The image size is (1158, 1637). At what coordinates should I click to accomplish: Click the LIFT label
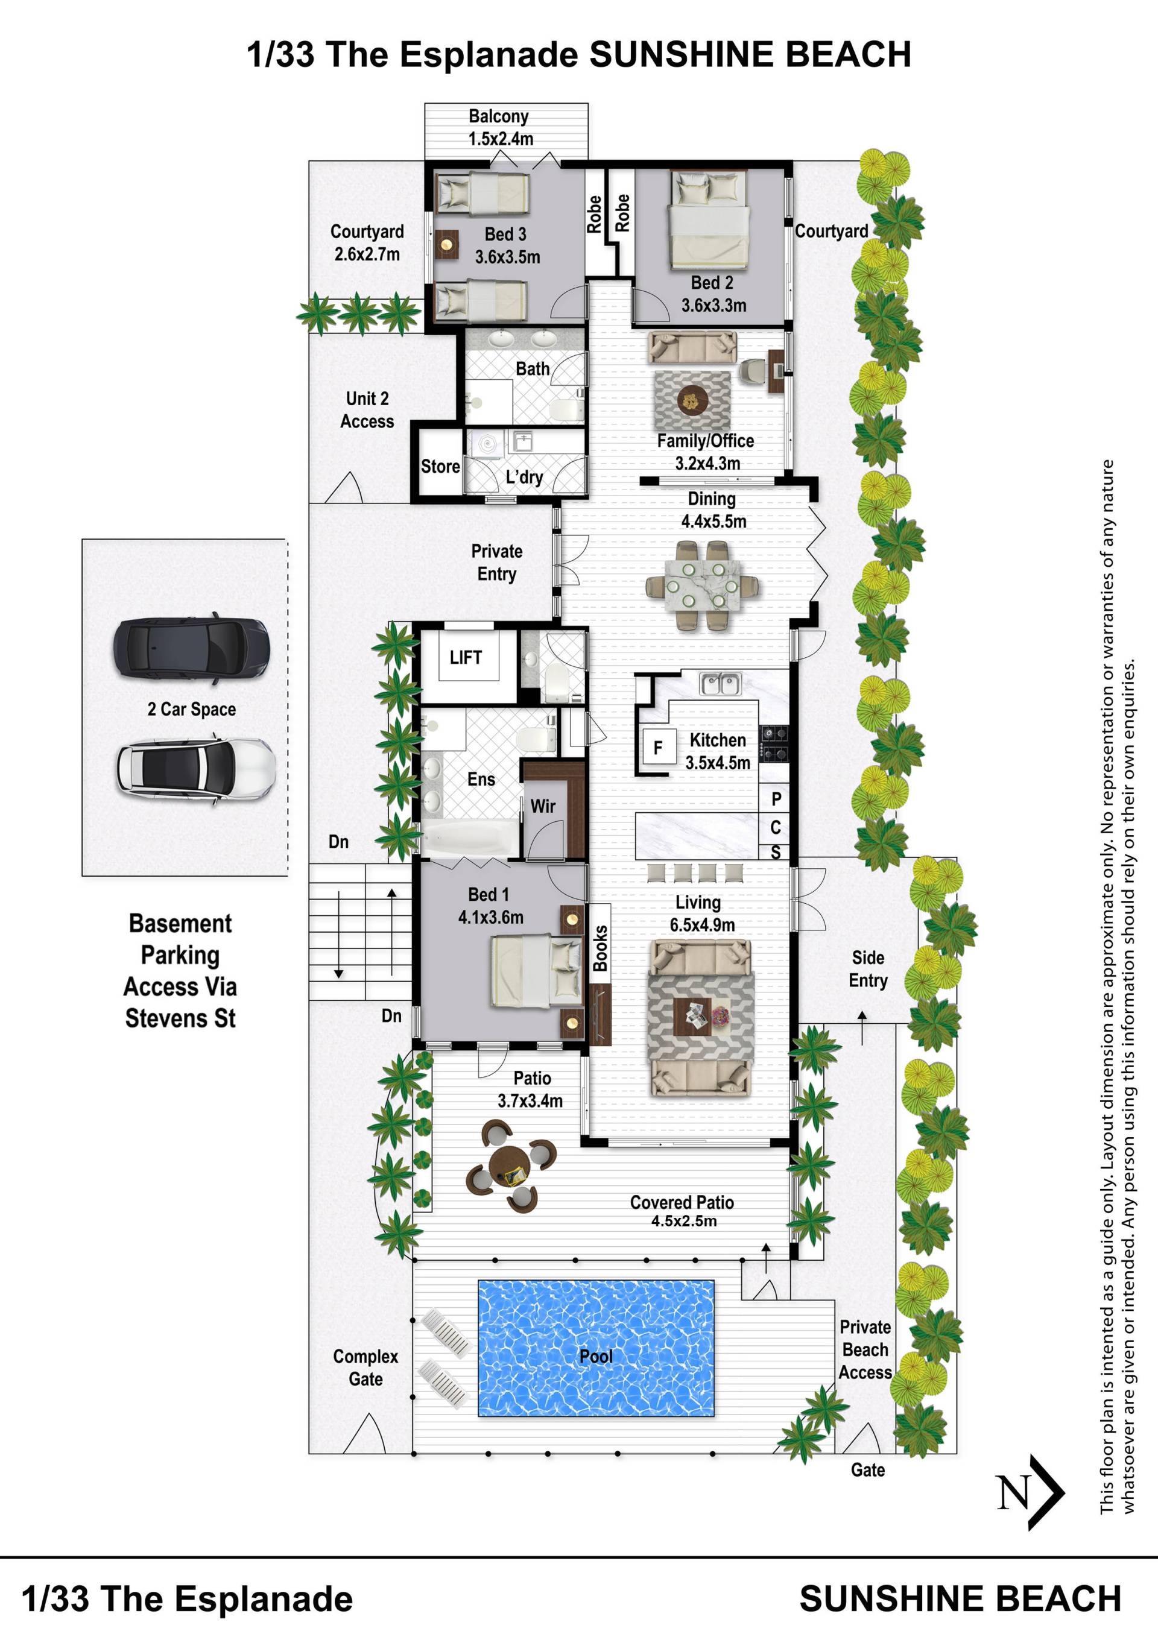pyautogui.click(x=466, y=657)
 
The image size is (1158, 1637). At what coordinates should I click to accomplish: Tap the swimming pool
pyautogui.click(x=595, y=1348)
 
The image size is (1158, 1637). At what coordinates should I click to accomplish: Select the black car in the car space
pyautogui.click(x=191, y=648)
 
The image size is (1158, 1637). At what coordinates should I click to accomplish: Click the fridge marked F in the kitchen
pyautogui.click(x=659, y=747)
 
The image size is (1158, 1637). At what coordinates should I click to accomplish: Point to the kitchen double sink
pyautogui.click(x=720, y=684)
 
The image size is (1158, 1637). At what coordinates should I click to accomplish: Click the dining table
pyautogui.click(x=703, y=585)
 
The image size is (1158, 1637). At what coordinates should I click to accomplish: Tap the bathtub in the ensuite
pyautogui.click(x=470, y=837)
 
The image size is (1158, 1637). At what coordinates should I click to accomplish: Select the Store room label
pyautogui.click(x=440, y=466)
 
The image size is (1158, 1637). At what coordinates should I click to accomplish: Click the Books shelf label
pyautogui.click(x=600, y=948)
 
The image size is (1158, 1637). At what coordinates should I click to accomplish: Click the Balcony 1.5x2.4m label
pyautogui.click(x=500, y=127)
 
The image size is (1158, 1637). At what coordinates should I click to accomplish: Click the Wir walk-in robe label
pyautogui.click(x=543, y=806)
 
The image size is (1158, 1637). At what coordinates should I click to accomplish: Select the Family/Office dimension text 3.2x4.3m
pyautogui.click(x=707, y=464)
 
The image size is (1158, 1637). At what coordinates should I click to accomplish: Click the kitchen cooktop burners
pyautogui.click(x=774, y=743)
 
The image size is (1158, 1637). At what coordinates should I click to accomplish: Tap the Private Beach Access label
pyautogui.click(x=865, y=1349)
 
